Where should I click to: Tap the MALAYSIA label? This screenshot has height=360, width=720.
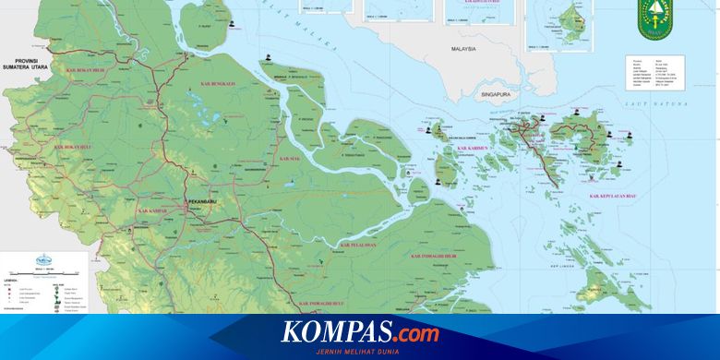tap(462, 49)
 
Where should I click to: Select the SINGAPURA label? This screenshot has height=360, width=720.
tap(497, 94)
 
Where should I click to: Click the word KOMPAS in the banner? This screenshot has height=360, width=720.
tap(336, 332)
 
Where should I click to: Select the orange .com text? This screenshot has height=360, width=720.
tap(414, 332)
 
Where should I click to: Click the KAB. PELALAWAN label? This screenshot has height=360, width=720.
tap(358, 245)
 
